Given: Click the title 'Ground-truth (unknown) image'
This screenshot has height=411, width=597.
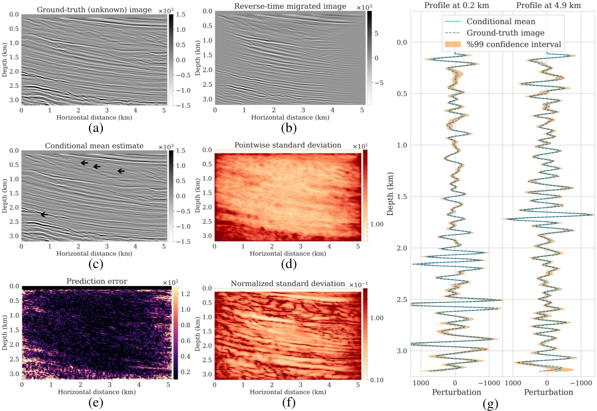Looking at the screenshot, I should (94, 9).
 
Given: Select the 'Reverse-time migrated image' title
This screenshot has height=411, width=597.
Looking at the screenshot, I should (290, 6).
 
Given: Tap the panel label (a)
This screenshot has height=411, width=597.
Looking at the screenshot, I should (96, 128).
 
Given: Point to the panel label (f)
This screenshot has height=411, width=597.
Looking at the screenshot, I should (288, 402).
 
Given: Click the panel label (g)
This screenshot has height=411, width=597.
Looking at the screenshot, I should (491, 404).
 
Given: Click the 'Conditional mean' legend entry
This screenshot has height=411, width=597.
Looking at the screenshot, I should (501, 21).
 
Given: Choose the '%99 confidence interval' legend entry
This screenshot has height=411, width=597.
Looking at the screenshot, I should (514, 44).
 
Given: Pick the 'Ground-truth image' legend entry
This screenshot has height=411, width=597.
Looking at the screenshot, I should (505, 33).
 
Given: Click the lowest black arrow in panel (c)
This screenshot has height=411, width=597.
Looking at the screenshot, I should (43, 215).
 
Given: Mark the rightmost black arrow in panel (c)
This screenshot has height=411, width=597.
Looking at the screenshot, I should (121, 171).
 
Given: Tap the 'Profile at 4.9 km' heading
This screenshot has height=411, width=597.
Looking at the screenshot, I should (548, 5).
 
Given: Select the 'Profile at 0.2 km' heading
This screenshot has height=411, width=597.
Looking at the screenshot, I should (456, 5).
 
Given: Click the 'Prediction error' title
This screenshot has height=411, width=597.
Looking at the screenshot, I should (97, 281).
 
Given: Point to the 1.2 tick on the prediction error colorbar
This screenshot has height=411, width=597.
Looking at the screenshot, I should (185, 294).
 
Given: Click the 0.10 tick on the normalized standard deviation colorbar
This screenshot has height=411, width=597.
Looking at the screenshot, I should (377, 380).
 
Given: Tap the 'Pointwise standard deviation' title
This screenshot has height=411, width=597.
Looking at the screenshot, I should (288, 145).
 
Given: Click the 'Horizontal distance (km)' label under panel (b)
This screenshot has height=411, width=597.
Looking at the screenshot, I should (290, 117).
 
